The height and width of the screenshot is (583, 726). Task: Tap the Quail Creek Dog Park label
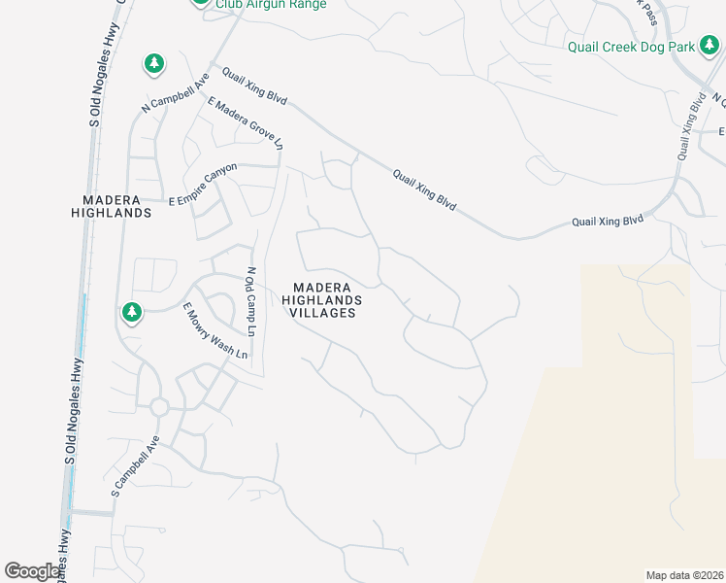(x=632, y=46)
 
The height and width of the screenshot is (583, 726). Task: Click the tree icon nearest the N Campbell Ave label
(x=153, y=64)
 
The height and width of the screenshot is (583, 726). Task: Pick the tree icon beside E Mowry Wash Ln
(x=131, y=312)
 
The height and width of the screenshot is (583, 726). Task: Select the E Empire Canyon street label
(x=203, y=185)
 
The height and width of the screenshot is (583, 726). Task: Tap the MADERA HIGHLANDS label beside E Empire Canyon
(x=112, y=205)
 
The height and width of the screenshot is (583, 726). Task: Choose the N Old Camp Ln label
(x=249, y=302)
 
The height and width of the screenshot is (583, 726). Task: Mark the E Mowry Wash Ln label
(x=215, y=331)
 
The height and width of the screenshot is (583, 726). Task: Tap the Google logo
(x=31, y=571)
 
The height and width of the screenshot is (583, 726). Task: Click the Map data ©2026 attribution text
(x=684, y=575)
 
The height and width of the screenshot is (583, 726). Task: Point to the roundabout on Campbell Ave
(x=159, y=406)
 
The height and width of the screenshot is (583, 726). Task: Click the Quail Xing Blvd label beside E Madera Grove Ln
(x=254, y=86)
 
